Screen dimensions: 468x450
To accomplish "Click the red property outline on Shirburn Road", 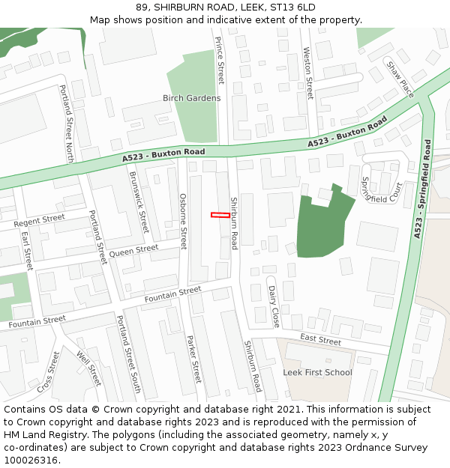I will click(x=220, y=215).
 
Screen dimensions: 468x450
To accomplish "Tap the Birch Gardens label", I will click(x=192, y=98).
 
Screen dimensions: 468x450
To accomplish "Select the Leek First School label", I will click(x=317, y=372).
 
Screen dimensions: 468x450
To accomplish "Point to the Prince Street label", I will click(x=220, y=61).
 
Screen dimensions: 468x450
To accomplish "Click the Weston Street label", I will click(x=307, y=73).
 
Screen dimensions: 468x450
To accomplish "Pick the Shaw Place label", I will click(x=400, y=79).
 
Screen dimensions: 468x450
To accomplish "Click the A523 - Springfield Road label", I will click(x=423, y=189).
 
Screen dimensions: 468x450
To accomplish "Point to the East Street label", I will click(x=320, y=340).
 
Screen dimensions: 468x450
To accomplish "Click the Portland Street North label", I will click(x=66, y=124).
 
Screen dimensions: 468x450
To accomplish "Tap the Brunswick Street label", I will click(x=139, y=201).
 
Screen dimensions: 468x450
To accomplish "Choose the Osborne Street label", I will click(x=183, y=221).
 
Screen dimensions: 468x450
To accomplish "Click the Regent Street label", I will click(x=39, y=220).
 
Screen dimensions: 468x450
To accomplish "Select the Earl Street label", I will click(x=27, y=250).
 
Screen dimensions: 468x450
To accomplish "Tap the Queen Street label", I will click(x=133, y=250).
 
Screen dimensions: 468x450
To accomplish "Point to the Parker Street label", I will click(x=194, y=359).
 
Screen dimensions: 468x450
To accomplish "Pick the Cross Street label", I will click(x=48, y=372).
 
